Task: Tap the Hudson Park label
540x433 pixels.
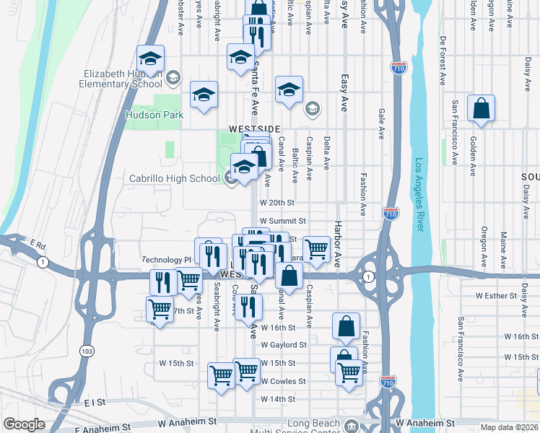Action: click(x=154, y=115)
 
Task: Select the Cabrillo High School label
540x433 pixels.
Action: click(x=174, y=178)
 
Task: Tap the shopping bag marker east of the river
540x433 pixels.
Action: click(x=481, y=110)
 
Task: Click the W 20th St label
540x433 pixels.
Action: click(x=278, y=204)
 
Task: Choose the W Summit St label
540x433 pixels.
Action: click(x=283, y=221)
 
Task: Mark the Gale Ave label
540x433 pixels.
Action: click(x=380, y=123)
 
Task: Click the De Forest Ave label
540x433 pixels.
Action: click(x=443, y=60)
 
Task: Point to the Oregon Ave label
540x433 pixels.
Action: click(x=484, y=245)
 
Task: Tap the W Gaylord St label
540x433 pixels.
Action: click(x=283, y=345)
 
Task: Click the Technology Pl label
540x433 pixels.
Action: click(x=166, y=259)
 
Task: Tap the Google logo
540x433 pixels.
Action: click(x=25, y=425)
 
